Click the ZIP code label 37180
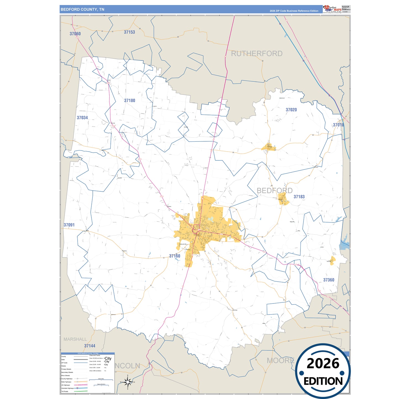[130, 101]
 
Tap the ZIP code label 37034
[82, 118]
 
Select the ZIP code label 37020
[291, 110]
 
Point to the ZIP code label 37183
[299, 197]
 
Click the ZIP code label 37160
[175, 256]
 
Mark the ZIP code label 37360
[329, 280]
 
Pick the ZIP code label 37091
[69, 225]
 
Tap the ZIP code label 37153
[129, 32]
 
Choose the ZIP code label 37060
[75, 34]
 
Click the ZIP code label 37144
[90, 346]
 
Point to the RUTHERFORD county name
[257, 54]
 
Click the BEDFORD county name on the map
[274, 191]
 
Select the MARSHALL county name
[75, 339]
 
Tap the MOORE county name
[280, 360]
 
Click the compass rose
[128, 382]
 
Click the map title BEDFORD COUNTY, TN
[83, 9]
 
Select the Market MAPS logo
[332, 9]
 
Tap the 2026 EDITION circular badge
[323, 371]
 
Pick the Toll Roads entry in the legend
[65, 391]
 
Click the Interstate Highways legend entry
[68, 388]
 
